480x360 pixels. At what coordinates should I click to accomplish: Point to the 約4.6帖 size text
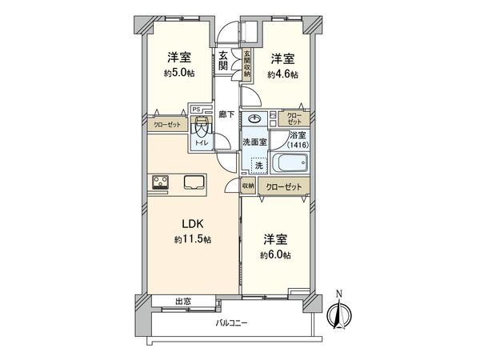pos(281,74)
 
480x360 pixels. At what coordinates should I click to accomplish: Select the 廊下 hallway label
pos(226,114)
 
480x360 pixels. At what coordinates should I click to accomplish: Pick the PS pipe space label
pos(196,106)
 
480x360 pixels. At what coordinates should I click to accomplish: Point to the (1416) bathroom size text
pos(297,146)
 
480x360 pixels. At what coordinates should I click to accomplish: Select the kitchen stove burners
pos(158,182)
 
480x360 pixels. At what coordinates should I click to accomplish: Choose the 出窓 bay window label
pos(183,301)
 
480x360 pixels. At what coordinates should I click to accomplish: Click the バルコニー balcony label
pos(233,323)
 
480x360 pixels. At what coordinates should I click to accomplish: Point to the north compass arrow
pos(338,312)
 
